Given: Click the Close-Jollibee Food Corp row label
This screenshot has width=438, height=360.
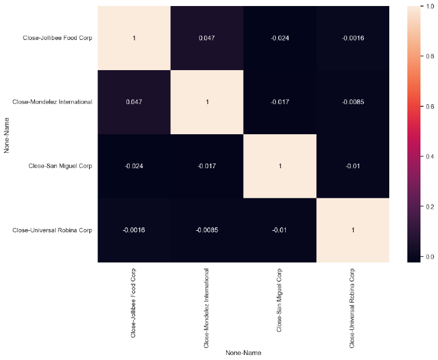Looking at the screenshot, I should pos(57,38).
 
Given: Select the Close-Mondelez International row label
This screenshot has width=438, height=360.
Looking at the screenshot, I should pos(53,102).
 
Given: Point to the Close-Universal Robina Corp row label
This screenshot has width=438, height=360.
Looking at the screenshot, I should pos(52,230).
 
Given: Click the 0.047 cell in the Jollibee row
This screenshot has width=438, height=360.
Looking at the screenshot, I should pos(207,38).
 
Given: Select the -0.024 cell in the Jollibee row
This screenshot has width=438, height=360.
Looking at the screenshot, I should pos(280,38).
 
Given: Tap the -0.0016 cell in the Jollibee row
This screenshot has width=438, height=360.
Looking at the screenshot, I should pos(353,38).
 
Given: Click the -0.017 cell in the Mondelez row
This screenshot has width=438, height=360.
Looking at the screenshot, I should pos(280,102).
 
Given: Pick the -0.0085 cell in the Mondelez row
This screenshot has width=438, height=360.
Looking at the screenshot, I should pos(353,102).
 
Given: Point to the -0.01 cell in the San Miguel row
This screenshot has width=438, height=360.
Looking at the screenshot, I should pos(353,165).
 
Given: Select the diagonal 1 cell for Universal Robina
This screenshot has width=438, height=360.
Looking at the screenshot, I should pos(353,230).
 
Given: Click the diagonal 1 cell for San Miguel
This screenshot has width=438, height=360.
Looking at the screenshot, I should pos(280,165).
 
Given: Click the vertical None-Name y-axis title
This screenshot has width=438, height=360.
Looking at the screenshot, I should pos(7,134).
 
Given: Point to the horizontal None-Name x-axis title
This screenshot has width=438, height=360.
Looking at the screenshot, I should pos(243,353).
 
